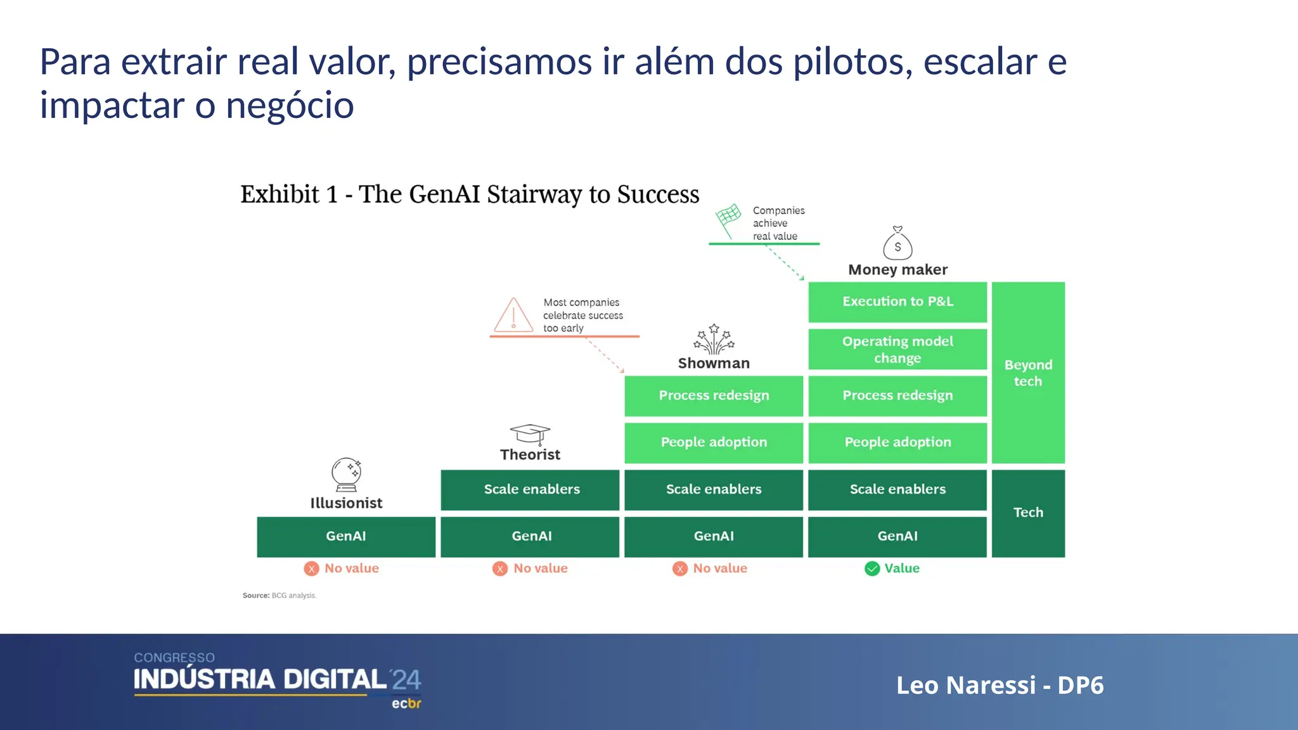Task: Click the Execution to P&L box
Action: (x=897, y=302)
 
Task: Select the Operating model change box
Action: (x=897, y=349)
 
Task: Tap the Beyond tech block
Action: (x=1028, y=373)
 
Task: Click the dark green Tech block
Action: (x=1028, y=513)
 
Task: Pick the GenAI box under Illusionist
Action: (x=346, y=536)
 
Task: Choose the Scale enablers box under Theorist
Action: (x=530, y=489)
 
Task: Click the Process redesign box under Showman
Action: (x=714, y=395)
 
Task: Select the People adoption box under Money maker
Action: (x=897, y=442)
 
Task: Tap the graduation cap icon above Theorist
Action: (x=530, y=435)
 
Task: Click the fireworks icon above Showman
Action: (x=714, y=340)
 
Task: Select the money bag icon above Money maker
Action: (x=897, y=244)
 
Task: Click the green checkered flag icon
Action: (x=729, y=219)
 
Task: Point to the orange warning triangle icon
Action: (x=513, y=315)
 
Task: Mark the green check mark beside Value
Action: (x=872, y=568)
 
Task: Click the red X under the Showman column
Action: (x=680, y=568)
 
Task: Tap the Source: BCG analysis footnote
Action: (x=280, y=596)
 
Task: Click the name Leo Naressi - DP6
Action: (x=999, y=685)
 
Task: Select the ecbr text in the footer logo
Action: (x=406, y=703)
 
